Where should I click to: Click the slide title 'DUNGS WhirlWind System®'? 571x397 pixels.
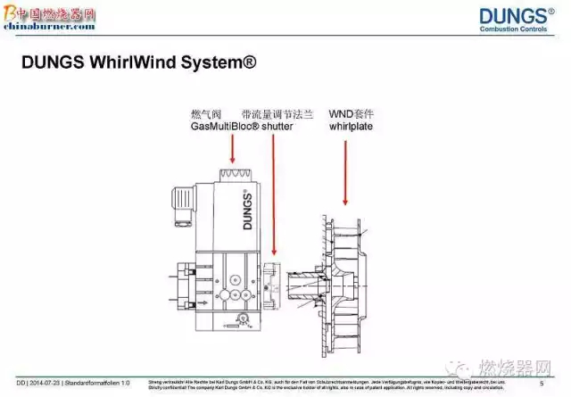(137, 63)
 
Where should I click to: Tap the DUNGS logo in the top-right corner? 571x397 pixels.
(516, 15)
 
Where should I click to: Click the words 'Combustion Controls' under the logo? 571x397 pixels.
(517, 30)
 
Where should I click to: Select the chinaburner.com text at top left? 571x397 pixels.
(49, 27)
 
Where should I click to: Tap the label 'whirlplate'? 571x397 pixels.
(351, 128)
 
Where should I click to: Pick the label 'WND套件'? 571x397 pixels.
(351, 114)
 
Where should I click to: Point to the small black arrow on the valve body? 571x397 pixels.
(236, 318)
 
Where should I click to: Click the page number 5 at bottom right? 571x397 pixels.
(542, 383)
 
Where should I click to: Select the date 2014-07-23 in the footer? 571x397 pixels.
(41, 383)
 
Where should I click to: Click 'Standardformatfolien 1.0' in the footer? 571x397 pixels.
(98, 383)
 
